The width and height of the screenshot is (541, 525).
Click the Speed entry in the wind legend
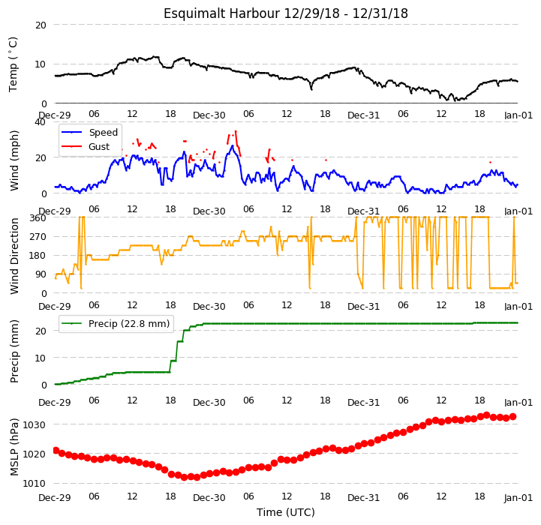pos(103,133)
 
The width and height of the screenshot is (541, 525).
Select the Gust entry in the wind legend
pos(99,147)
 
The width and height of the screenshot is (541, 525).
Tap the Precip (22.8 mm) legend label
pos(129,324)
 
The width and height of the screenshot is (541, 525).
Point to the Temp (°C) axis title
pos(13,64)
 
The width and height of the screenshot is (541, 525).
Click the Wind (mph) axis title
pos(14,160)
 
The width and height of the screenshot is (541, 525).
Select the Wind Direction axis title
pos(14,256)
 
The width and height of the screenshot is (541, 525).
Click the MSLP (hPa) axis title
pos(14,447)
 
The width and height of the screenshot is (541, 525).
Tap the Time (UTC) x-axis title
pos(286,512)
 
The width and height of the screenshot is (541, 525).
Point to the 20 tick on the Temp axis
pos(41,25)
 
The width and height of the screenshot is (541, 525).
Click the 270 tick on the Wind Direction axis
pos(38,237)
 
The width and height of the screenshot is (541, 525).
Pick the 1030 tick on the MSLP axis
pos(35,425)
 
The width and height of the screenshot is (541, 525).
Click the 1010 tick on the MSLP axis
pos(35,484)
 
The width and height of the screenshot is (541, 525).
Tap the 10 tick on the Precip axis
pos(41,358)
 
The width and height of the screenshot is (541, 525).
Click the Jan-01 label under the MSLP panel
pos(518,498)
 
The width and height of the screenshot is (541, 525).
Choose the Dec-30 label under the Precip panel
pos(209,403)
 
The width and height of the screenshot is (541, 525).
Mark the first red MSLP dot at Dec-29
pos(56,450)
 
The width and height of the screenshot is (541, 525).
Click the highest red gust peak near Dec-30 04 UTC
pos(236,131)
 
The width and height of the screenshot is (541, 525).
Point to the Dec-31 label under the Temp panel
pos(364,115)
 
